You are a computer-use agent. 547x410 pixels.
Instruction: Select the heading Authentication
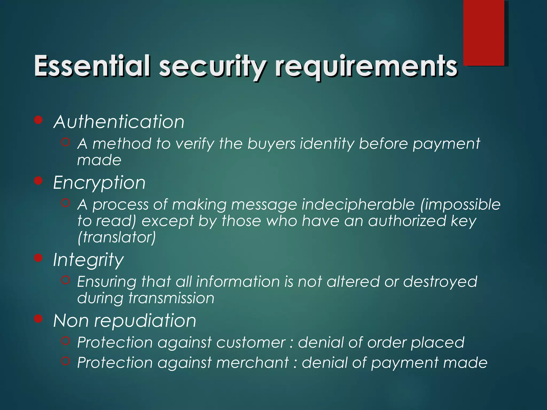point(119,122)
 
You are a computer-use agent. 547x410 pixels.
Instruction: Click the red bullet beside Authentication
point(39,120)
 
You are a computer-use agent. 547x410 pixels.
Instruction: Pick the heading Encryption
point(99,183)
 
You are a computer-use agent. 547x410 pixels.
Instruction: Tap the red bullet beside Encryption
point(39,181)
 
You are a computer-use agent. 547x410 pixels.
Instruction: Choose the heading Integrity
point(88,260)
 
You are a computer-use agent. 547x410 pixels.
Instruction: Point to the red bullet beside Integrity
point(39,258)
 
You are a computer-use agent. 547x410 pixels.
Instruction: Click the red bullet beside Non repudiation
point(39,319)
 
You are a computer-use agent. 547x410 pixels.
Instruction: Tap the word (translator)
point(116,237)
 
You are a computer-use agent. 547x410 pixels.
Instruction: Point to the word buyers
point(271,144)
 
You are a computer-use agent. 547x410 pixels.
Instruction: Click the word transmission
point(171,298)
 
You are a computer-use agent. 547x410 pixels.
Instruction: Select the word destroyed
point(440,282)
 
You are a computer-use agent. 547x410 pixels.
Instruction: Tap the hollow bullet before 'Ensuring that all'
point(65,280)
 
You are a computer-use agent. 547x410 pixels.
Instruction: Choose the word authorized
point(407,221)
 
